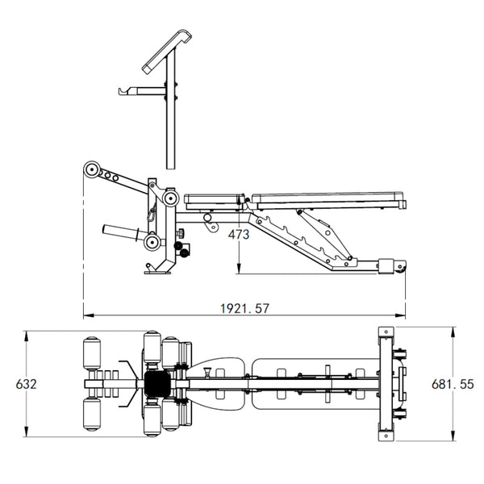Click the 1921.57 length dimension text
(x=244, y=308)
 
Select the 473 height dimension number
(x=239, y=235)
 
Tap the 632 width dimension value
(x=27, y=384)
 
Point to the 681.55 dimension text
(x=453, y=384)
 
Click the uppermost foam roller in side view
(x=91, y=169)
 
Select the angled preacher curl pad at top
(x=167, y=52)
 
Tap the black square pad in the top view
(x=157, y=384)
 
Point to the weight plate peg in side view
(x=121, y=232)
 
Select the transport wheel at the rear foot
(x=403, y=269)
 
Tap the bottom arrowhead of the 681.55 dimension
(x=453, y=436)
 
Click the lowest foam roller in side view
(x=152, y=242)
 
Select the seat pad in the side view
(x=214, y=202)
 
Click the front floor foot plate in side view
(x=157, y=272)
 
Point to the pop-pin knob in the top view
(x=207, y=371)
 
